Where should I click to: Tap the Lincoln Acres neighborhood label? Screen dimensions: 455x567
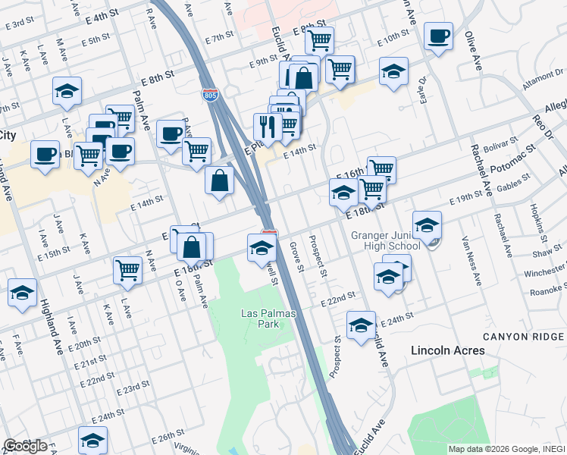click(447, 350)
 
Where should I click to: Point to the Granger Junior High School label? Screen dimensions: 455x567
click(385, 240)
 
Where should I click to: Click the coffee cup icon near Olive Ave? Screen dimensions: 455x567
click(438, 36)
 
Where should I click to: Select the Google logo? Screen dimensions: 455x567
click(25, 446)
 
